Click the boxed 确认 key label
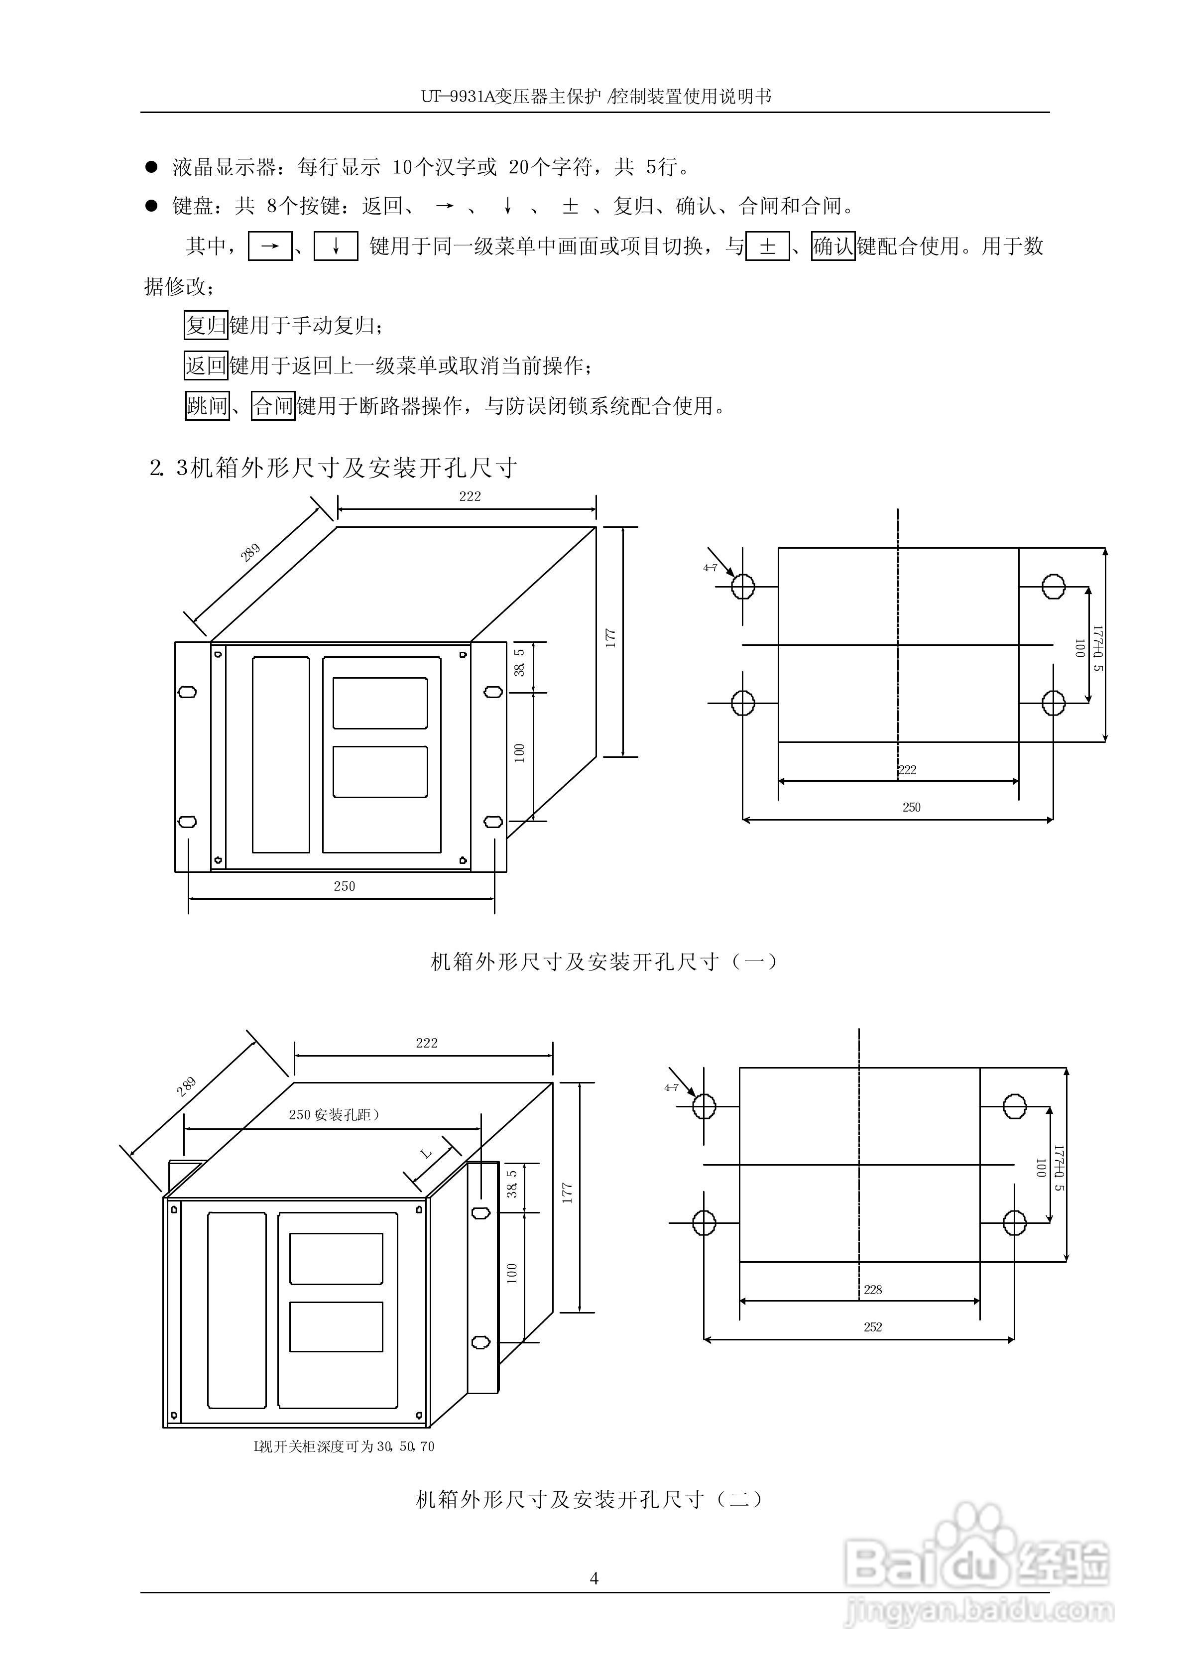point(832,247)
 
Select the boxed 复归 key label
point(206,325)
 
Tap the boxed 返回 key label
point(206,365)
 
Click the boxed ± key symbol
point(767,247)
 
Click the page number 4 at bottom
point(593,1578)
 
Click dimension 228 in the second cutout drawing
point(873,1290)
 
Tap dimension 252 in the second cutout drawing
point(873,1327)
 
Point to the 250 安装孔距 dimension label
point(333,1115)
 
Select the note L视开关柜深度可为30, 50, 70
point(344,1446)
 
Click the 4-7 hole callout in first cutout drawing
point(710,568)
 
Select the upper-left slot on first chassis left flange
point(187,691)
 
